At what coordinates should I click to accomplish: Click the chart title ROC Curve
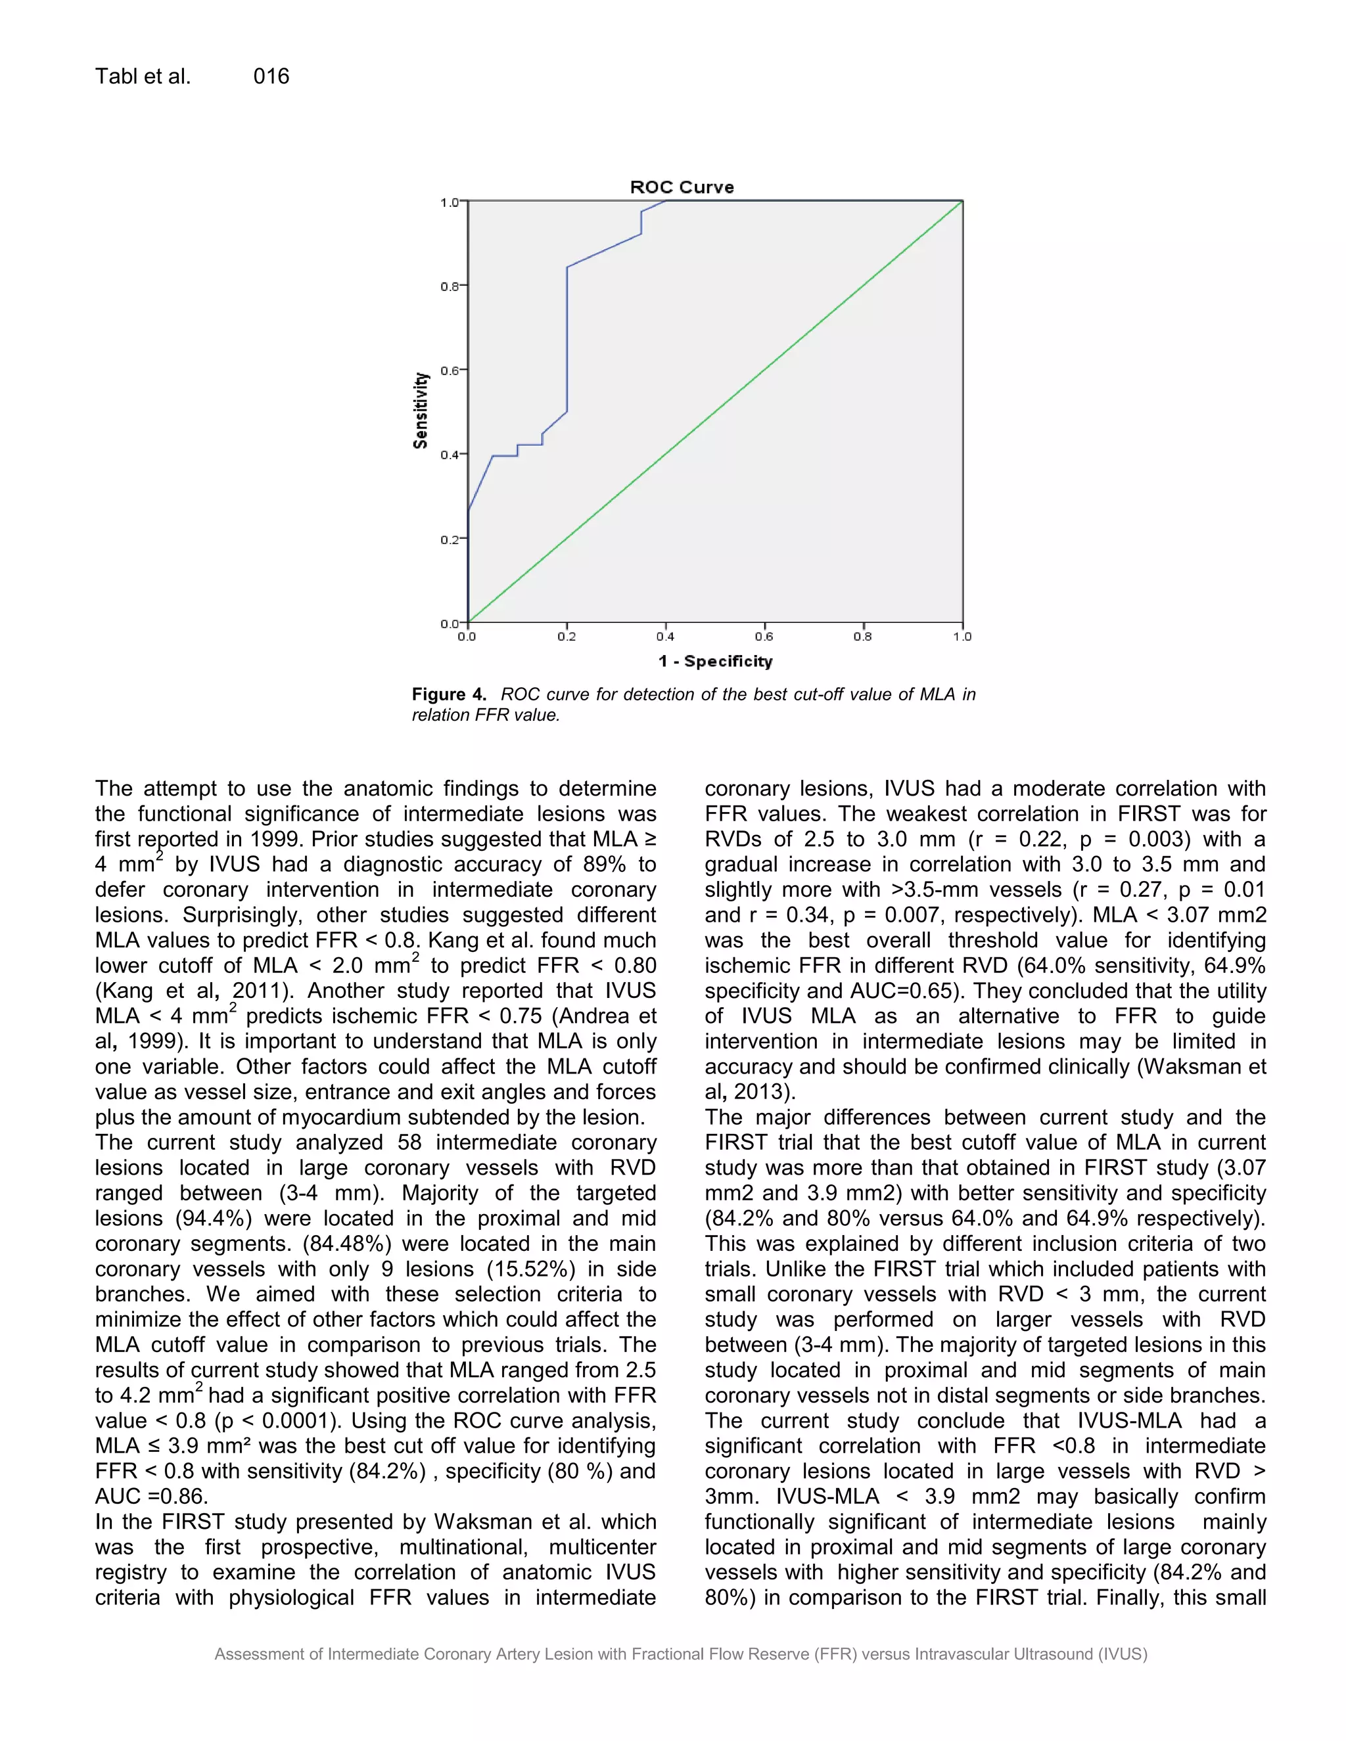pos(682,187)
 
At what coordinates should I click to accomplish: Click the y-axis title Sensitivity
pos(420,411)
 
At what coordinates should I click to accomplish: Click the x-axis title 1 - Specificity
pos(715,661)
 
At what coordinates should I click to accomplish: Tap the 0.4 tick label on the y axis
pos(450,455)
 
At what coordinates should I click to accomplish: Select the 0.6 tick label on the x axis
pos(764,637)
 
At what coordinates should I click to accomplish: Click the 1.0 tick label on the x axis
pos(962,637)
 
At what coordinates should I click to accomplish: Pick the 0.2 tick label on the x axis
pos(566,637)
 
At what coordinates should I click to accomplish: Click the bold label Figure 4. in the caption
pos(449,694)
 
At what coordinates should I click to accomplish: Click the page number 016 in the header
pos(271,76)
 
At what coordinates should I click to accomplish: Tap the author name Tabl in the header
pos(116,76)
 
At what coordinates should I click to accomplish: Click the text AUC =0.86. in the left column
pos(152,1496)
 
